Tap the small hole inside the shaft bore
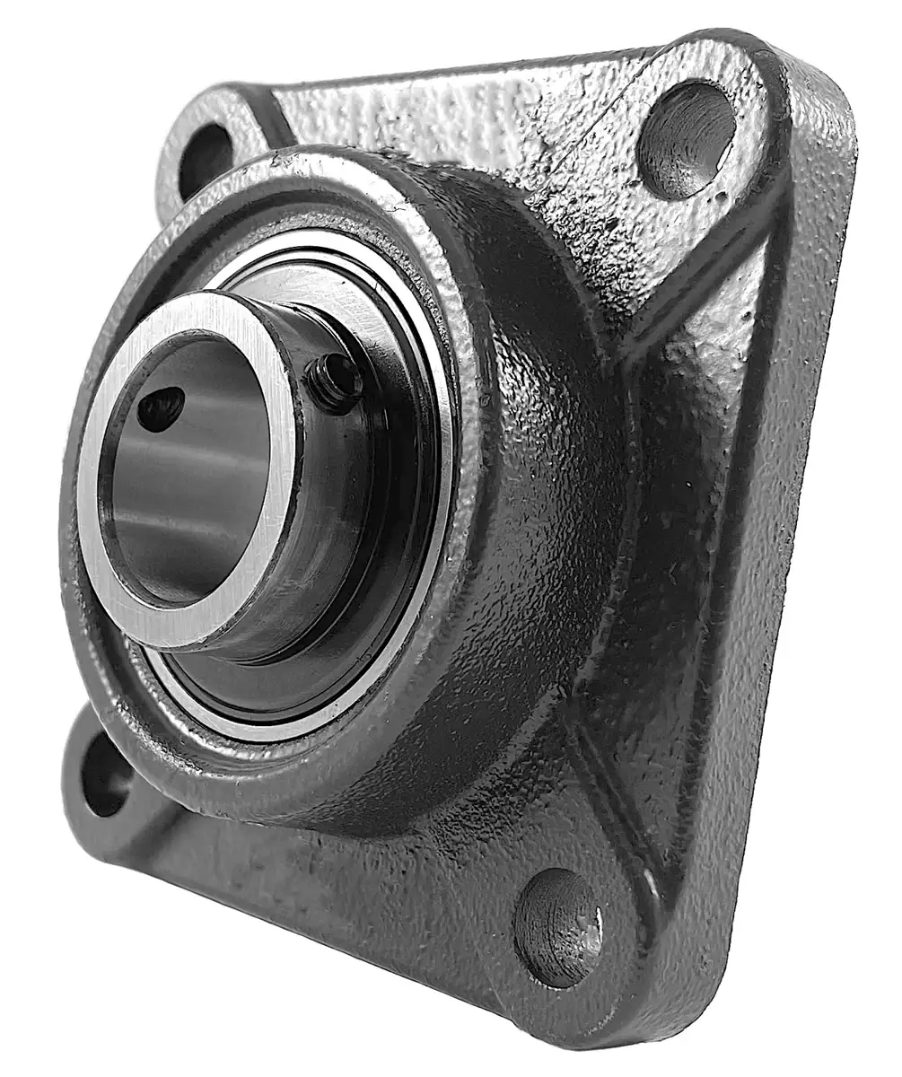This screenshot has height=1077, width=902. [x=162, y=408]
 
